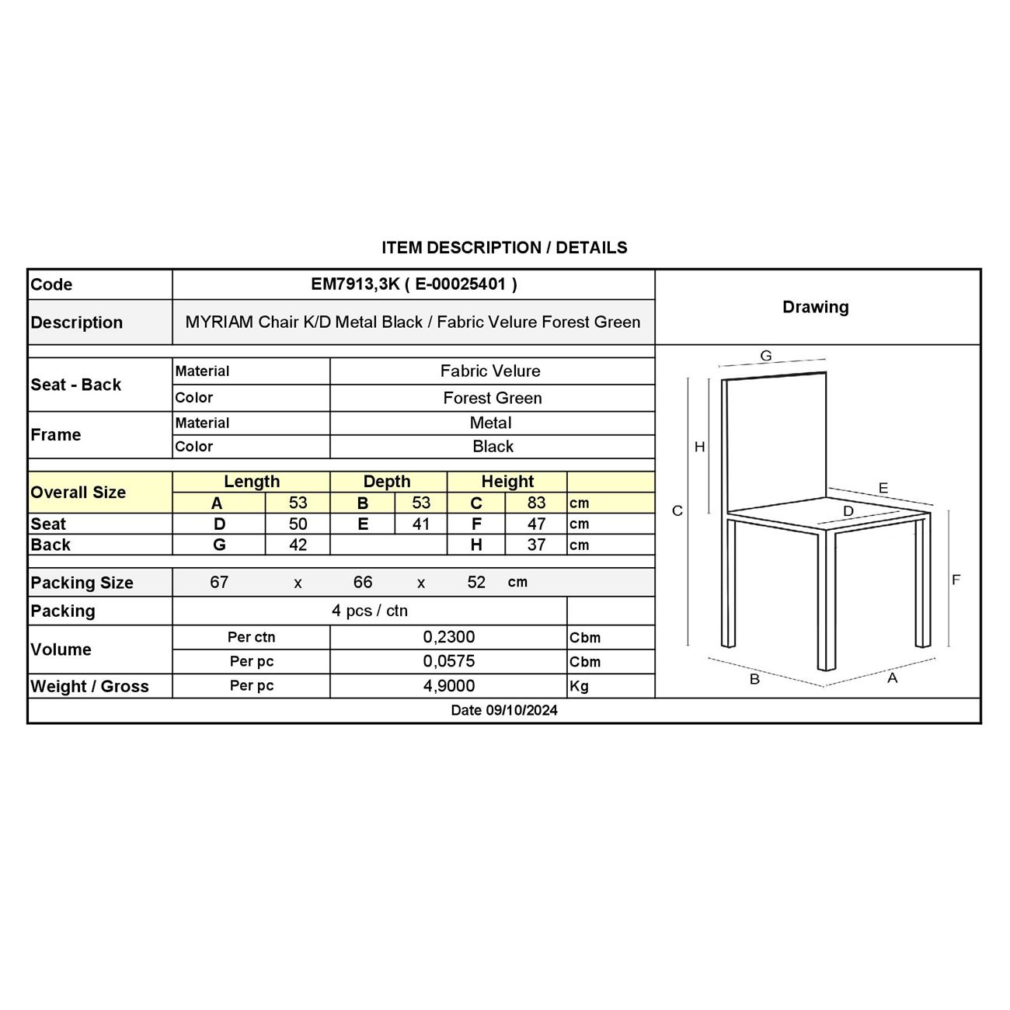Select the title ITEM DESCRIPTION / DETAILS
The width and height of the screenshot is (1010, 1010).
coord(504,248)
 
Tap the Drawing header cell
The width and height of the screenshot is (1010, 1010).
coord(815,307)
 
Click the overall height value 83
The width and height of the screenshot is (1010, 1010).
coord(536,503)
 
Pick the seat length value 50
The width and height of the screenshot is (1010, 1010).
coord(298,524)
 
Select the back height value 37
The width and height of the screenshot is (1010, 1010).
coord(536,545)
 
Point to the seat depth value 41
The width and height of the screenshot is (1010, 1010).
coord(420,524)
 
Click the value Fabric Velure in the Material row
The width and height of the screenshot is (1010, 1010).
coord(490,371)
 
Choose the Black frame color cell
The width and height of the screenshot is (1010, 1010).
coord(493,446)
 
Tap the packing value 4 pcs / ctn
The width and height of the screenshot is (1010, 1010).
coord(369,611)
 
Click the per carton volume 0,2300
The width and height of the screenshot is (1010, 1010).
coord(448,637)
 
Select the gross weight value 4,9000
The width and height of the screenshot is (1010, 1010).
coord(448,686)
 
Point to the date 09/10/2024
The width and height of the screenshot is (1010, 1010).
coord(504,710)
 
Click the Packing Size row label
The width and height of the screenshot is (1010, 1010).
coord(82,583)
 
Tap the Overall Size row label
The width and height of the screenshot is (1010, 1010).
coord(78,493)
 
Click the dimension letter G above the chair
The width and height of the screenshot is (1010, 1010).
coord(766,356)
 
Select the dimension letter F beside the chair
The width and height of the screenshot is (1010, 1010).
coord(956,580)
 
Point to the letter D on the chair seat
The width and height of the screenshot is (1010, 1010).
coord(848,511)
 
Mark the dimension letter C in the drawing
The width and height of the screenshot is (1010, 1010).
coord(677,510)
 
